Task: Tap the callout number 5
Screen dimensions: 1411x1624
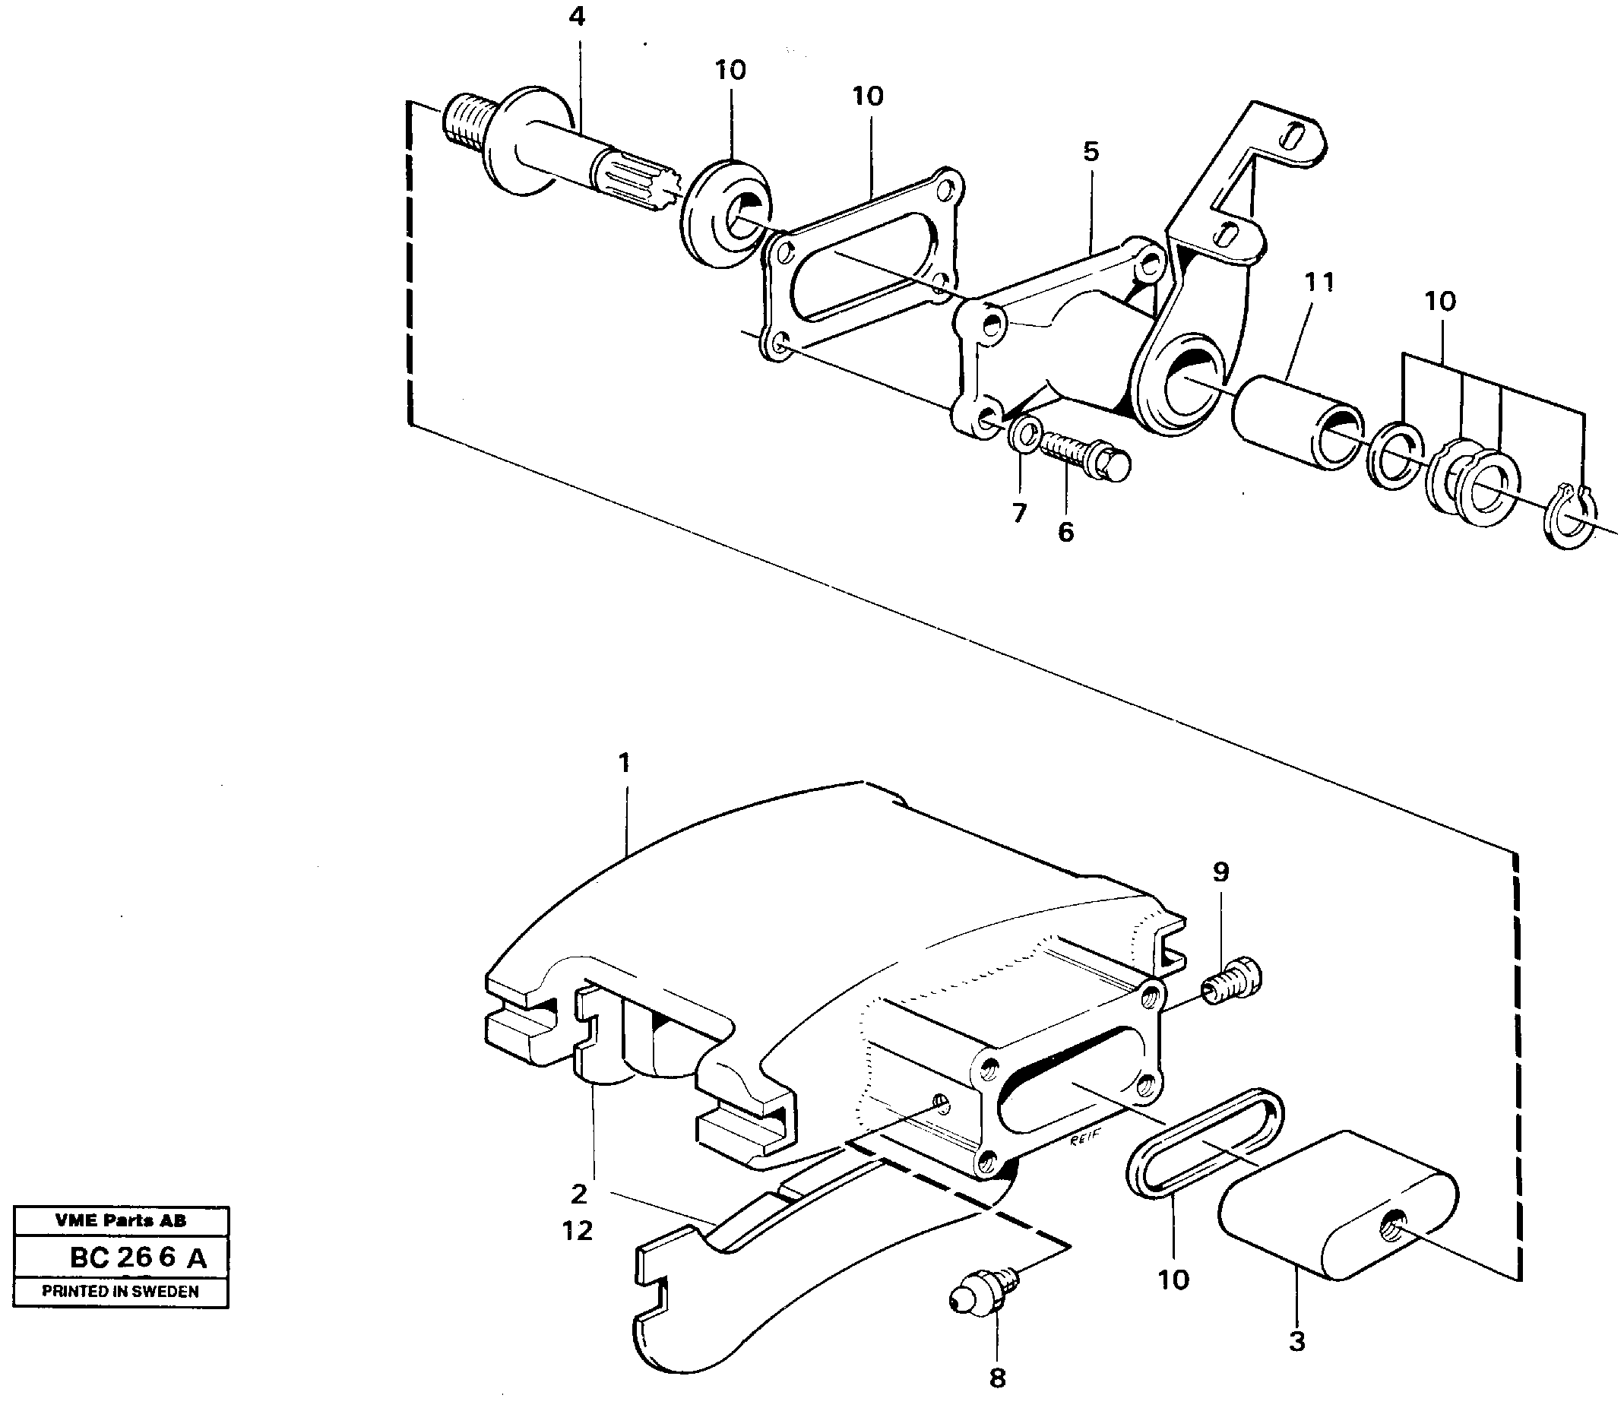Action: coord(1090,151)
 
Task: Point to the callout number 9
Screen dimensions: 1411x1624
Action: coord(1220,872)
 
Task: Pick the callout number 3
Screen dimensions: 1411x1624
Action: coord(1296,1341)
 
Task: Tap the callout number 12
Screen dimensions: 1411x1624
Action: coord(578,1231)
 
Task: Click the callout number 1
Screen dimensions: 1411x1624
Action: coord(625,762)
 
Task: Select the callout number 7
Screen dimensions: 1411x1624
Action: coord(1019,514)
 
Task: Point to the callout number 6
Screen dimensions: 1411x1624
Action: coord(1065,533)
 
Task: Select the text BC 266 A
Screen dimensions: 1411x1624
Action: coord(138,1258)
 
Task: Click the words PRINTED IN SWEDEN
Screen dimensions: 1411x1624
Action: coord(121,1291)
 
